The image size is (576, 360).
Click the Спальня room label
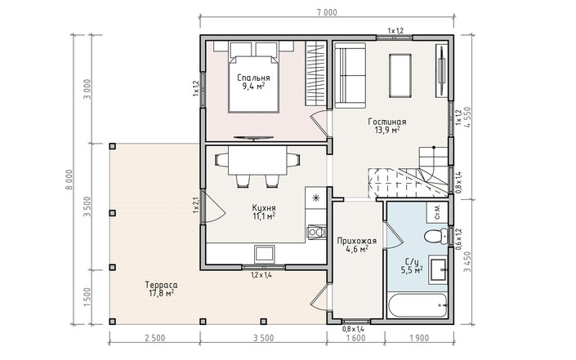[x=253, y=78]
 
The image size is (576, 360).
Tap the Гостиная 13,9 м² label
[x=387, y=126]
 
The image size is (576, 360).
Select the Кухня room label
[x=264, y=207]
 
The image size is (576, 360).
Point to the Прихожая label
[x=357, y=241]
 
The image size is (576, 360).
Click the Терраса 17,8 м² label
[x=161, y=289]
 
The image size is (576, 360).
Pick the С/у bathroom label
[x=412, y=262]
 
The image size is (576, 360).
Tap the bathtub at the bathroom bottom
[x=417, y=305]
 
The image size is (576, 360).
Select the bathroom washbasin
[x=438, y=270]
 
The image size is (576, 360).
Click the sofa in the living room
[x=350, y=76]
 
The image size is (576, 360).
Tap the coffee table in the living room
[x=400, y=76]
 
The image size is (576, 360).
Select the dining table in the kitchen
[x=257, y=161]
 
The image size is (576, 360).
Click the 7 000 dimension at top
[x=327, y=12]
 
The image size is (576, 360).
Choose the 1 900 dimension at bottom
[x=419, y=338]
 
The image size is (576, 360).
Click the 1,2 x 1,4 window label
[x=261, y=274]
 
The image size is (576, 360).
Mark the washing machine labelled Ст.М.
[x=437, y=211]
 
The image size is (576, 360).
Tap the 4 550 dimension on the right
[x=467, y=117]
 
